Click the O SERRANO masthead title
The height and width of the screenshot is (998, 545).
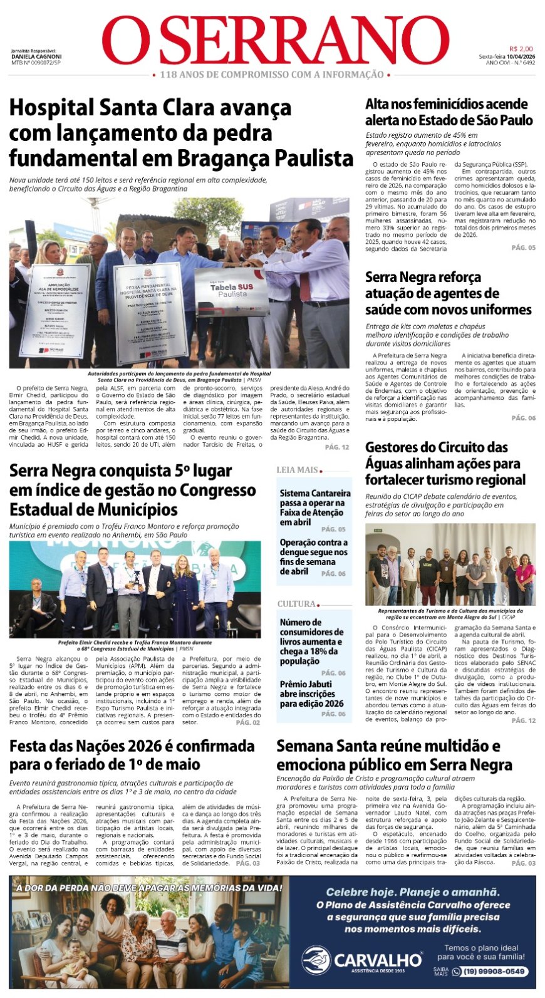(x=276, y=40)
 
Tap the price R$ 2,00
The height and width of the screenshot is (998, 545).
(x=521, y=49)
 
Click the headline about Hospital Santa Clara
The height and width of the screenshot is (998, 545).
(x=181, y=132)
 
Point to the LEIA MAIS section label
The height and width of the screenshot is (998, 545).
(x=298, y=470)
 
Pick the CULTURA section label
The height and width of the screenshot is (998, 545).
(x=297, y=604)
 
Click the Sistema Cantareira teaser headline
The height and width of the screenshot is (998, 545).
(x=314, y=507)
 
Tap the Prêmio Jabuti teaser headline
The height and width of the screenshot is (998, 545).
(x=311, y=694)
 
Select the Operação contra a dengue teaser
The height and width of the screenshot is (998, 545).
(x=313, y=556)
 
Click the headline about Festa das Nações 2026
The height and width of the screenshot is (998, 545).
(x=132, y=755)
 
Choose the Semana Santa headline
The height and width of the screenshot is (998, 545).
(x=394, y=755)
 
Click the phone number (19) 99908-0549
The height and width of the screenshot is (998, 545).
(x=494, y=972)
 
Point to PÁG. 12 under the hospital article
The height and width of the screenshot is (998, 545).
(x=337, y=447)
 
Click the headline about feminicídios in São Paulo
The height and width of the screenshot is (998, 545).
(x=449, y=112)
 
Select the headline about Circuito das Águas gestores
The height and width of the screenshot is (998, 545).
(x=445, y=464)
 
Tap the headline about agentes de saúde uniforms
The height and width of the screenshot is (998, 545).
(x=448, y=293)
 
